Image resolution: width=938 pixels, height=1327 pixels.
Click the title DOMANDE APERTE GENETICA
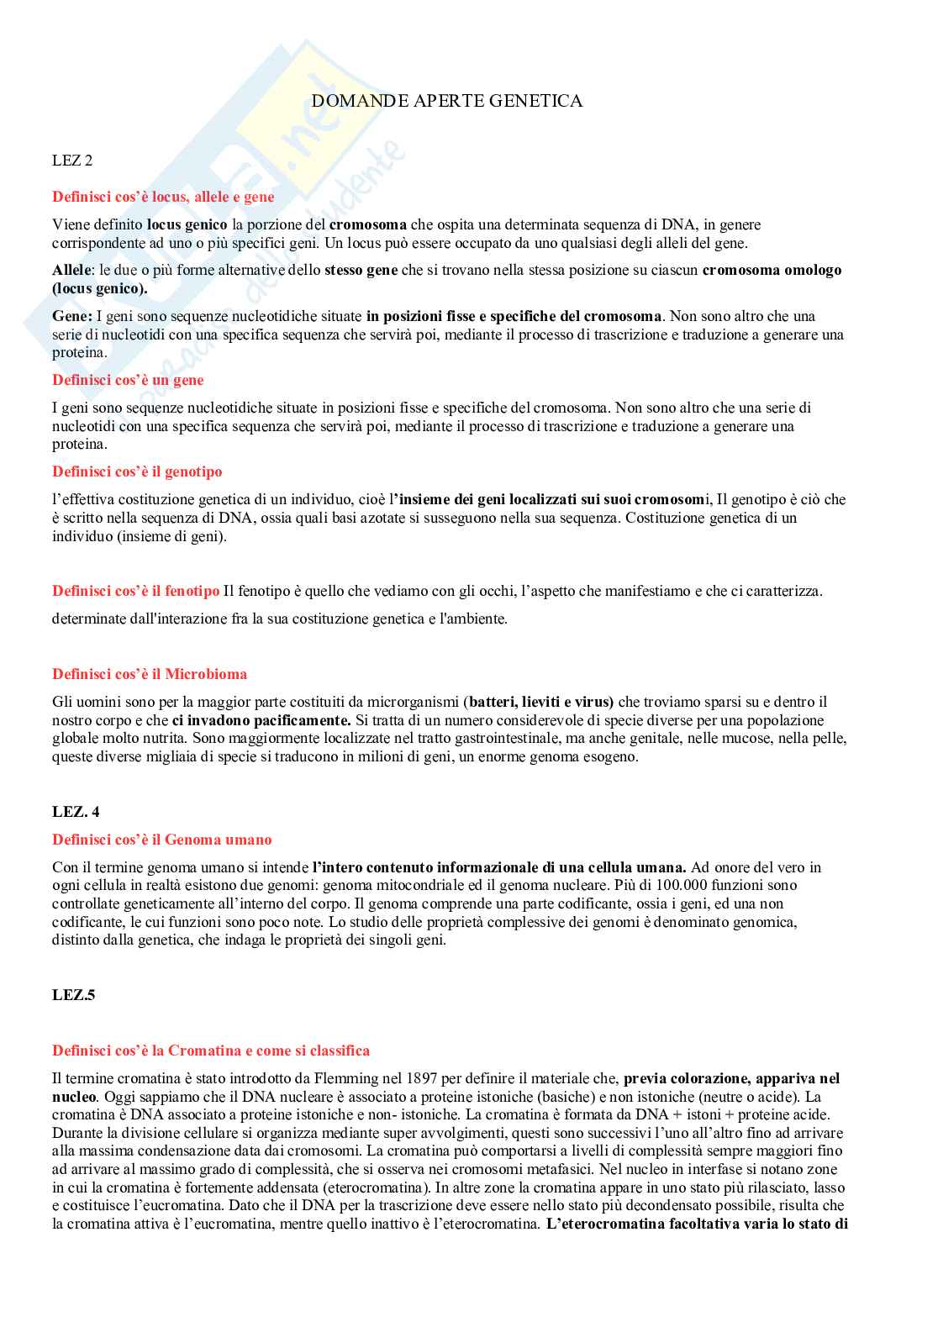pos(446,101)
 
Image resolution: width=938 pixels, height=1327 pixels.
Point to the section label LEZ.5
pos(74,995)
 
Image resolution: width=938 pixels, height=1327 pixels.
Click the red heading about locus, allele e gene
pos(163,197)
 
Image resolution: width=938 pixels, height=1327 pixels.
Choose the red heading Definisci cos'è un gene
pos(128,380)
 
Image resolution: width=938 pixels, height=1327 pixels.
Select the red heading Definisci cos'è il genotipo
pos(137,471)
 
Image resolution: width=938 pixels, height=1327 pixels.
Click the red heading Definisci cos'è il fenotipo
pos(135,591)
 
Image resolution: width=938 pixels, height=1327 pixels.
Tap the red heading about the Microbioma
pos(150,674)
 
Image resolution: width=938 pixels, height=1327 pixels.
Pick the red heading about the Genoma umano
pos(161,840)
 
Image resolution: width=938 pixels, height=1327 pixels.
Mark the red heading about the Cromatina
pos(211,1051)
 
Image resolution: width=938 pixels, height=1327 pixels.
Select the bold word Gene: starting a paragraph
pos(72,316)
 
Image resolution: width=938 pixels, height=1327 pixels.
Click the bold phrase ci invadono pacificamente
pos(261,720)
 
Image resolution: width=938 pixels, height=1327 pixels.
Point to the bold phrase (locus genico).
pos(99,288)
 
